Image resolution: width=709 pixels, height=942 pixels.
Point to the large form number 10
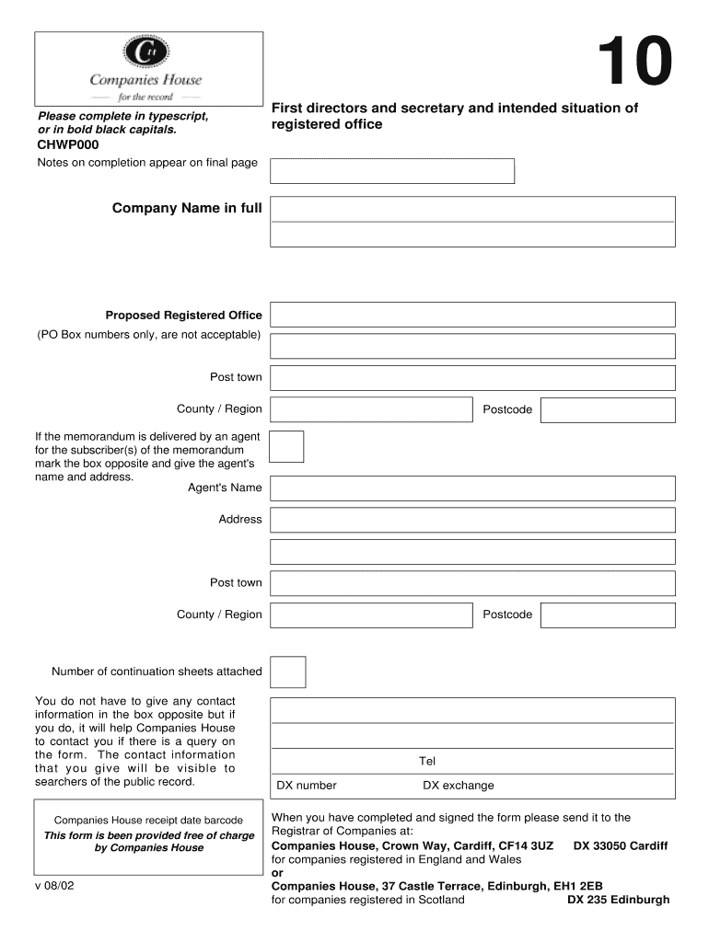(634, 63)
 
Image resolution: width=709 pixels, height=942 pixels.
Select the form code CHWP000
(68, 145)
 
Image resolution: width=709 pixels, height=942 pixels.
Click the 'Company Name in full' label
(187, 209)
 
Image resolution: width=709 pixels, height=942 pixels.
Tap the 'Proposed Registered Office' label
(183, 316)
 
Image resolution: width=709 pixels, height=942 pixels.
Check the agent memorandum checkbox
(286, 446)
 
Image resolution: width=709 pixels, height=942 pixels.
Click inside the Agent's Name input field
(472, 488)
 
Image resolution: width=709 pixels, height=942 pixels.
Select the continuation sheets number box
(288, 672)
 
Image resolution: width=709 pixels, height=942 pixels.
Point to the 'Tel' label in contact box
(427, 761)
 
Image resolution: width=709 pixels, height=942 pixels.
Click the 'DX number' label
(307, 786)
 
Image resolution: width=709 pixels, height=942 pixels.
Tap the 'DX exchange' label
(458, 786)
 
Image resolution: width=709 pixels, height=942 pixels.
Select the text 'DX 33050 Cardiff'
(621, 845)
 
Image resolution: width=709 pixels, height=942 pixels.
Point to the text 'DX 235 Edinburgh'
(618, 900)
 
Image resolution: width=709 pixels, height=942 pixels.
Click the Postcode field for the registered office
(607, 409)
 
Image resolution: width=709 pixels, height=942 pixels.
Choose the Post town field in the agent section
(472, 583)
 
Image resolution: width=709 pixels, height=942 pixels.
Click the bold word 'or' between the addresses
(278, 873)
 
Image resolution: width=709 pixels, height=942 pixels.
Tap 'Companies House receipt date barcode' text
(149, 821)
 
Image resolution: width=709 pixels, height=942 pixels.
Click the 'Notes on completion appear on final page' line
(147, 163)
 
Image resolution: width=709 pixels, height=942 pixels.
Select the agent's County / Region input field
(371, 615)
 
